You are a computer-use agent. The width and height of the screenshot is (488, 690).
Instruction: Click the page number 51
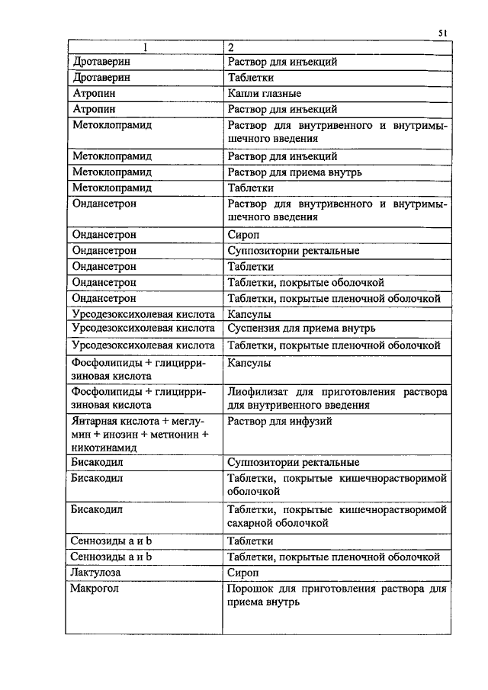(442, 32)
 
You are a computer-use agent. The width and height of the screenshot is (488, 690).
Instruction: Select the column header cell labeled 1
(144, 47)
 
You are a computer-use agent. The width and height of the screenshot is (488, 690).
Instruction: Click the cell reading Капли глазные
(265, 94)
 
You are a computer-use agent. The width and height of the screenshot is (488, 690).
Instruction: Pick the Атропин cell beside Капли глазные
(92, 94)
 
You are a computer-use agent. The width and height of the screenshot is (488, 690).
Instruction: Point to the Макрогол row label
(95, 589)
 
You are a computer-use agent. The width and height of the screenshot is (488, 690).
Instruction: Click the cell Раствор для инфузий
(280, 421)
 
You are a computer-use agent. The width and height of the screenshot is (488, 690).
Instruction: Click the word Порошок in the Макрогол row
(250, 589)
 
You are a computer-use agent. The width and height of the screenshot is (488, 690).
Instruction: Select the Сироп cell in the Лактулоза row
(243, 572)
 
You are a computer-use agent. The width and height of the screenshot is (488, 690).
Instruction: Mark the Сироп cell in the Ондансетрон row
(243, 236)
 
